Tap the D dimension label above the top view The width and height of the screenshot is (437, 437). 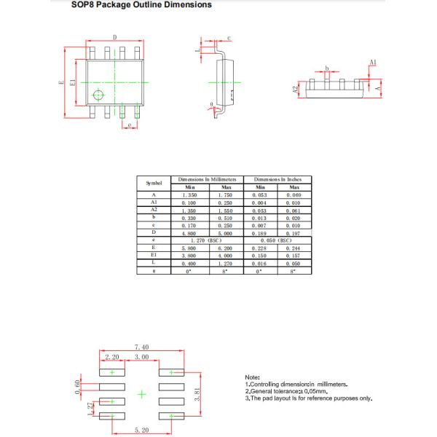coord(114,37)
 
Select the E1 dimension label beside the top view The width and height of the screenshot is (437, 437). coord(72,82)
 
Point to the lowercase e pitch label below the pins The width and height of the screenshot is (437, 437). coord(129,125)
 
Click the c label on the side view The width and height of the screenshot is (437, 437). coord(229,37)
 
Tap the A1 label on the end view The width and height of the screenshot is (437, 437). coord(373,63)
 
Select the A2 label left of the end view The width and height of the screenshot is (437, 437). coord(296,90)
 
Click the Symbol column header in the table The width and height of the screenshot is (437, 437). coord(154,183)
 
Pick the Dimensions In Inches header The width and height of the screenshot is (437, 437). coord(277,179)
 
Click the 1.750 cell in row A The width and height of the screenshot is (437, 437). coord(225,195)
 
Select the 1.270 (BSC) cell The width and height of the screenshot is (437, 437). coord(205,240)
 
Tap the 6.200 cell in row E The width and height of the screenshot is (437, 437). coord(225,248)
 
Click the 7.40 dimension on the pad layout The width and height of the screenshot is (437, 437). coord(141,347)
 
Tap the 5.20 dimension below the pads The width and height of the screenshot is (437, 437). coord(141,431)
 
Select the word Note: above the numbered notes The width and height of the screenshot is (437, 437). coord(252,377)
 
